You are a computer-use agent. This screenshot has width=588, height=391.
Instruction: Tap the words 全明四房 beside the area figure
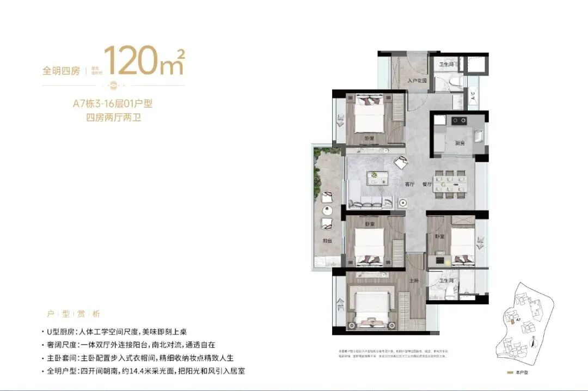pyautogui.click(x=62, y=71)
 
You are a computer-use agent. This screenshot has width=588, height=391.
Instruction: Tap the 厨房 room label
pyautogui.click(x=459, y=143)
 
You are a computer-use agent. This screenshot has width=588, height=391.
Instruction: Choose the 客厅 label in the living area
pyautogui.click(x=410, y=184)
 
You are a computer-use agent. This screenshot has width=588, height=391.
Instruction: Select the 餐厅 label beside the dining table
pyautogui.click(x=426, y=184)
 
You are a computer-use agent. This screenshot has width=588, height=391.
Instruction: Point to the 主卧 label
pyautogui.click(x=414, y=280)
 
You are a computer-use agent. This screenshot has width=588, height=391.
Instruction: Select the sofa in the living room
pyautogui.click(x=370, y=202)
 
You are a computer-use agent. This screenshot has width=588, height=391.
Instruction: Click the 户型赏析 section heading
pyautogui.click(x=73, y=314)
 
